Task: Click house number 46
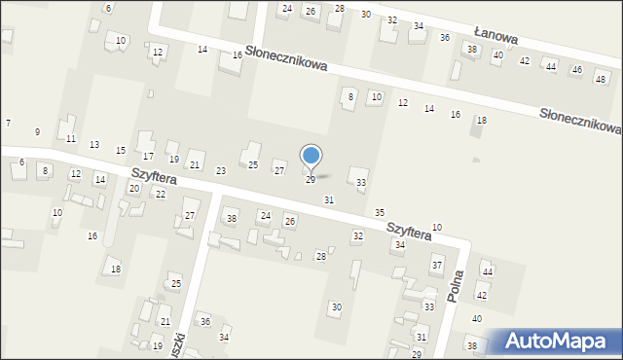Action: coord(575,70)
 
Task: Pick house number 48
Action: coord(600,78)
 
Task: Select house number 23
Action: coord(221,171)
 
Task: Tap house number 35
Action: coord(380,212)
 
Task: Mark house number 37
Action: coord(437,265)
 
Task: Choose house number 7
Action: coord(8,124)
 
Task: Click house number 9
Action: coord(38,131)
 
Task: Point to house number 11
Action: coord(70,139)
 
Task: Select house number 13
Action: coord(94,145)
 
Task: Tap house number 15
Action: coord(121,151)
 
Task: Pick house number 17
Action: coord(148,157)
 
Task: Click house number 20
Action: coord(133,188)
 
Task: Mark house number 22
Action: coord(161,195)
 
